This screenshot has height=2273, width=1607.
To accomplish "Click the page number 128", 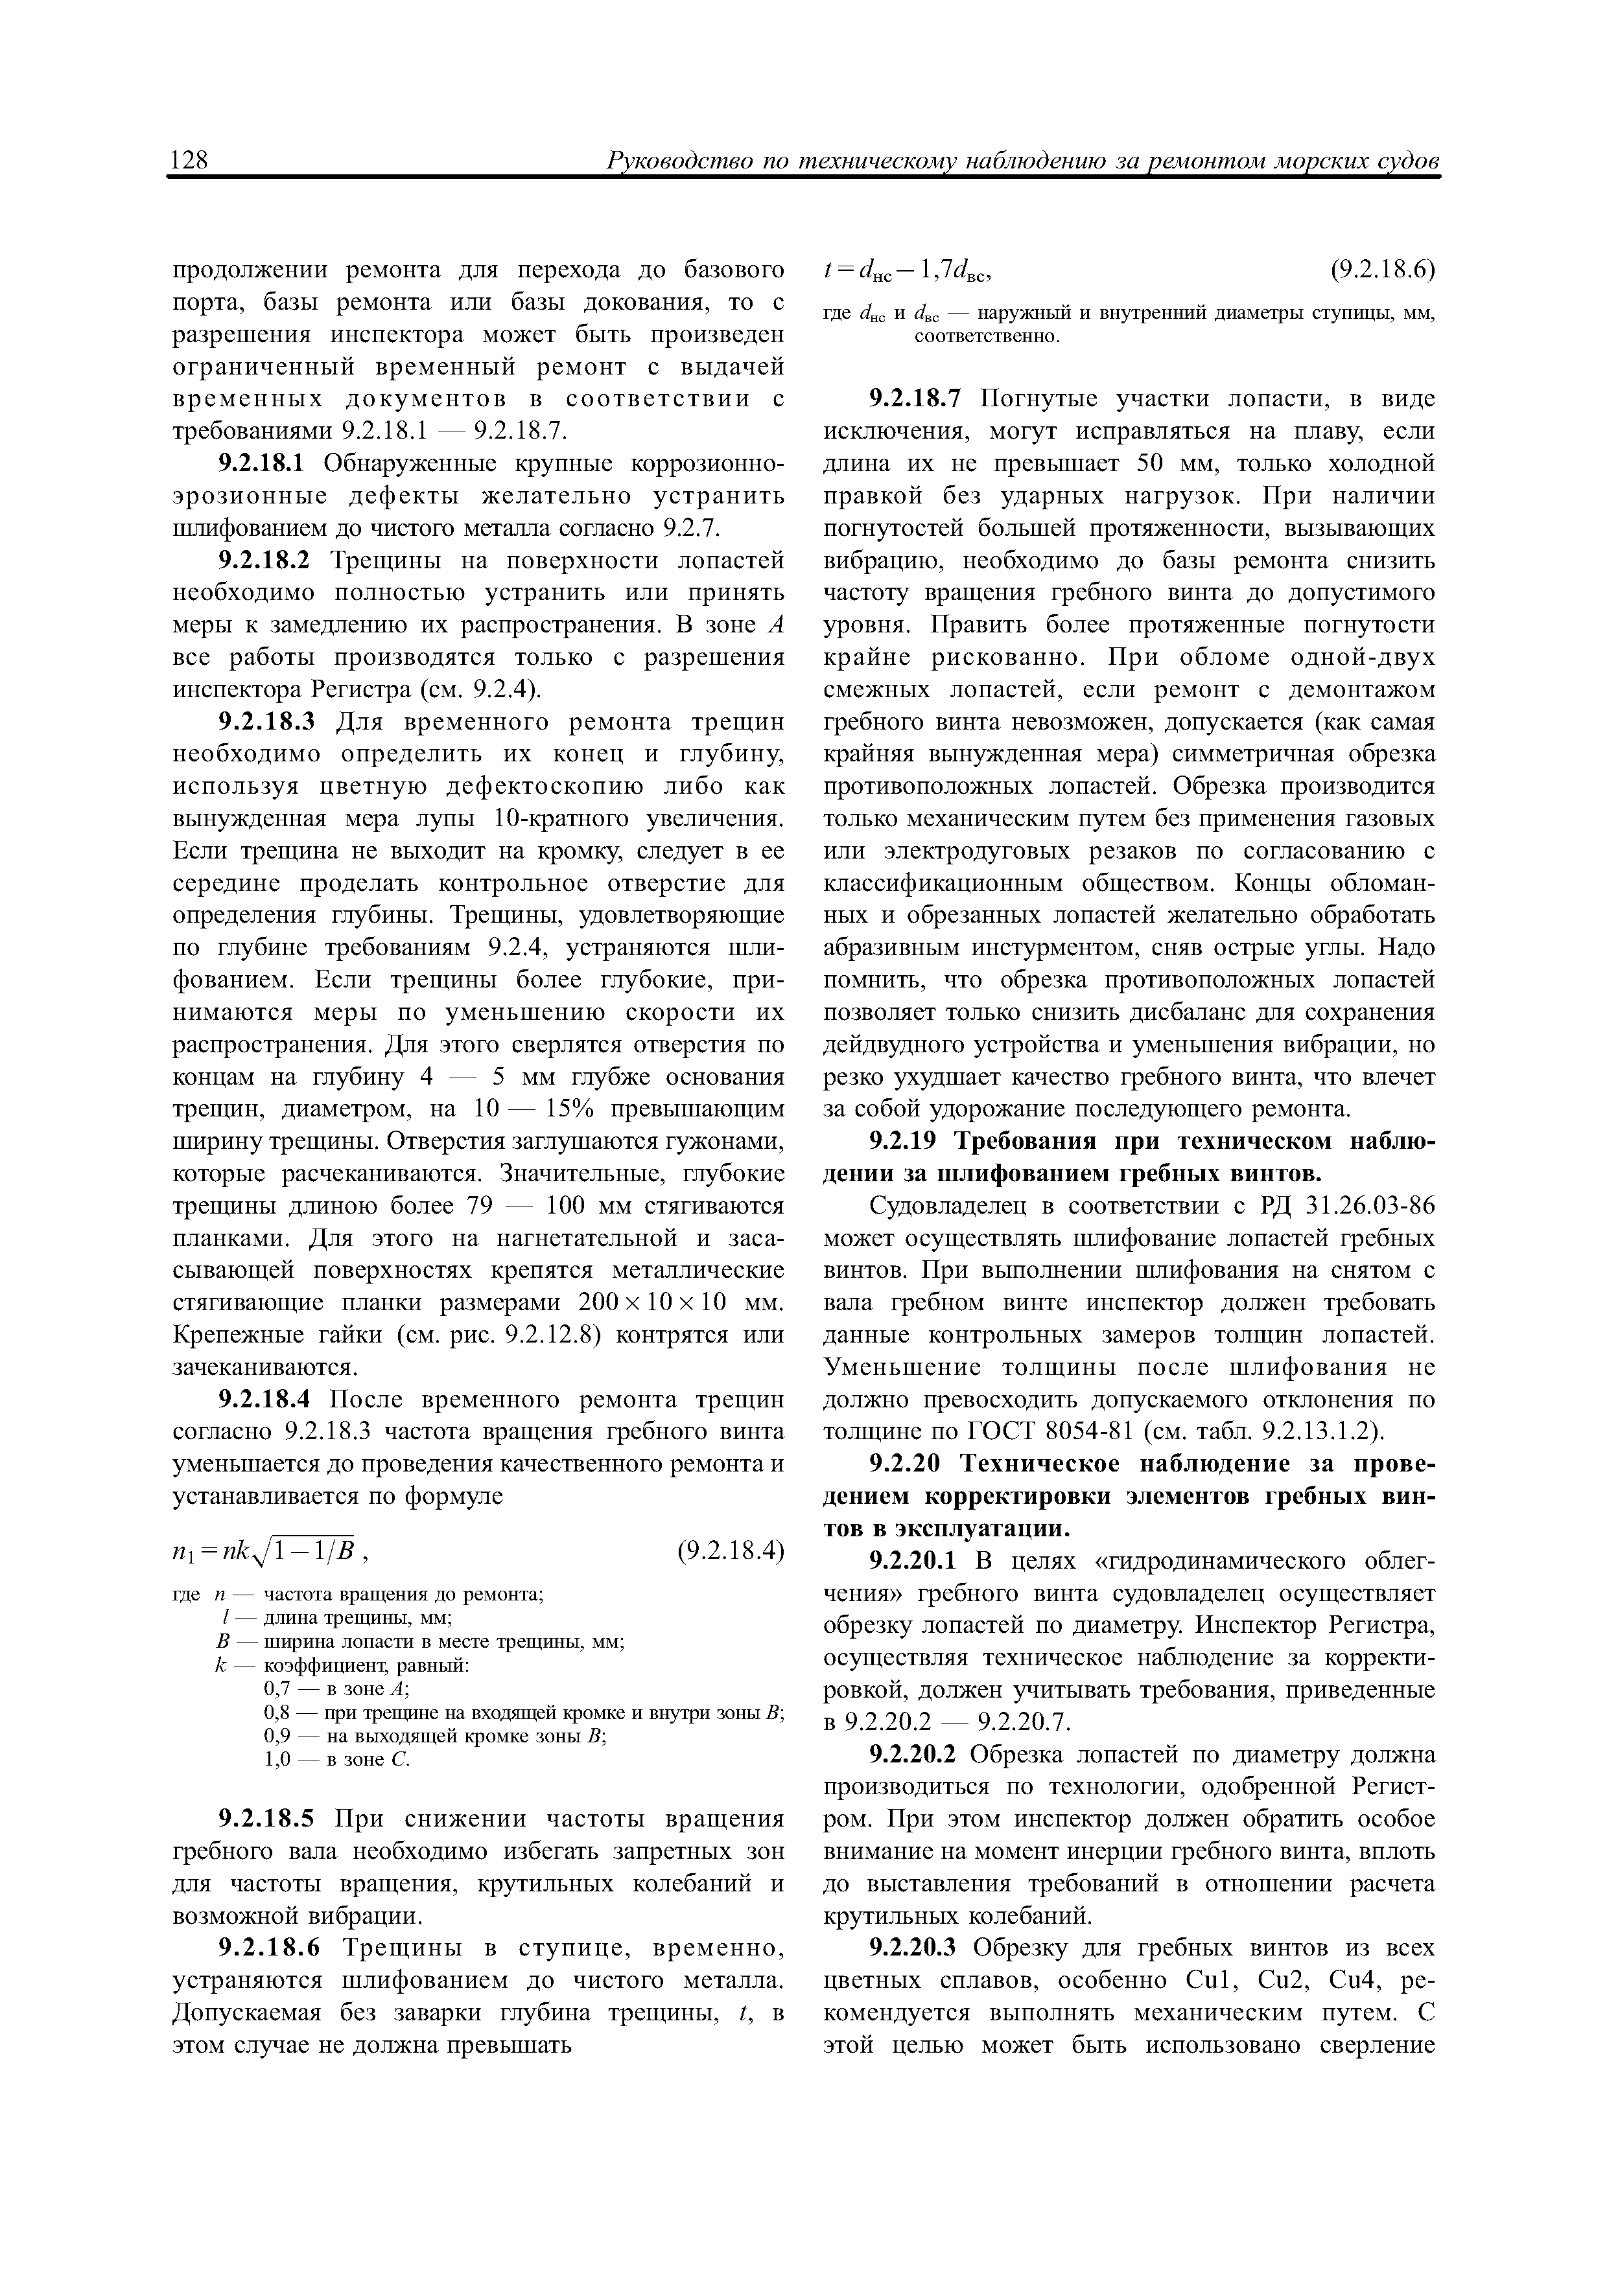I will click(189, 161).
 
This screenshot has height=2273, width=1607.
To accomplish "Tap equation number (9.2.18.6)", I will click(1381, 270).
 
